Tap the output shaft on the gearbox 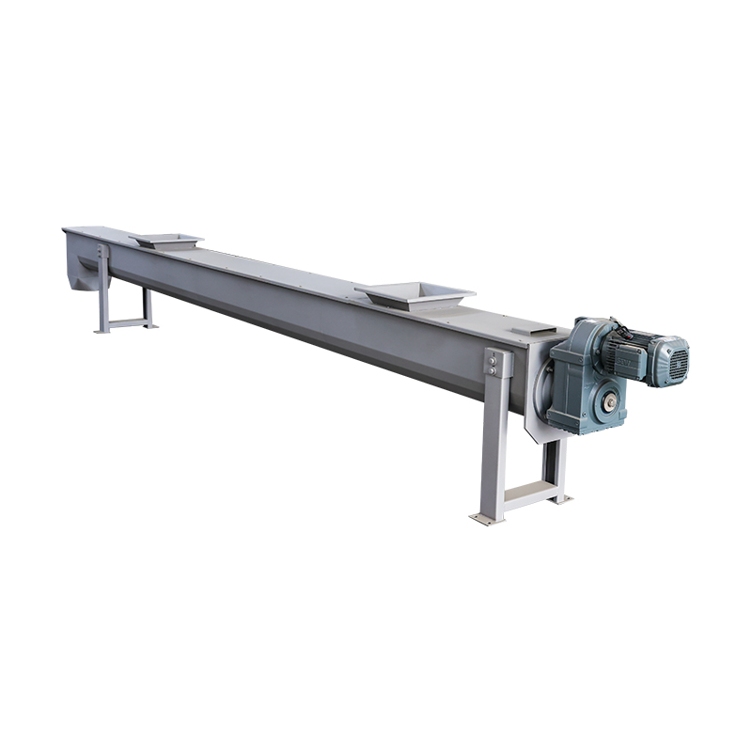coord(611,402)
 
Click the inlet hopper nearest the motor coord(415,293)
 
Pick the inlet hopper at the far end coord(166,241)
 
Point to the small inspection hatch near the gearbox coord(532,330)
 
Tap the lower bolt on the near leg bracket coord(492,370)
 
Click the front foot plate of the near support coord(487,517)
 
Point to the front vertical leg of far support coord(104,296)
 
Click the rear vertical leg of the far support coord(147,305)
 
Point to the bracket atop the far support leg coord(102,252)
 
